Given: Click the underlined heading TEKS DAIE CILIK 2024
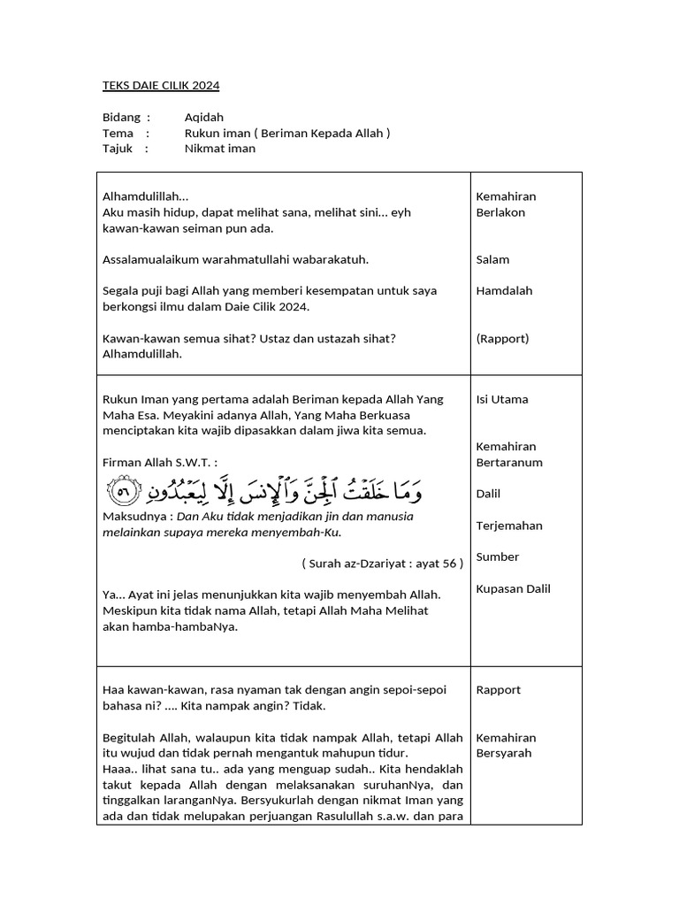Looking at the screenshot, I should click(161, 86).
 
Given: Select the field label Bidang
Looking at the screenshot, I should click(121, 117).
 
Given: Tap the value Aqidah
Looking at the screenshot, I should click(204, 117).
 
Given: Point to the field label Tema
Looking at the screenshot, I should click(118, 133).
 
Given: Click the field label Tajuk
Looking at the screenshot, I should click(118, 149).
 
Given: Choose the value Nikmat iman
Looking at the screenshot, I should click(220, 149).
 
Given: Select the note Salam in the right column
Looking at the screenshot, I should click(492, 260).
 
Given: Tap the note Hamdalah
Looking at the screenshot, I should click(504, 290).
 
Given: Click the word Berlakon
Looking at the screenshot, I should click(500, 212).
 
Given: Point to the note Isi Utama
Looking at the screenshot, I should click(502, 399).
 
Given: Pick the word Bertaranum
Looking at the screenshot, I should click(509, 463).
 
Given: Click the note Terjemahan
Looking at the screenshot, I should click(509, 526).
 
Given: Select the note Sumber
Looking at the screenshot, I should click(498, 557).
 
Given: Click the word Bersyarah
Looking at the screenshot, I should click(506, 754).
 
